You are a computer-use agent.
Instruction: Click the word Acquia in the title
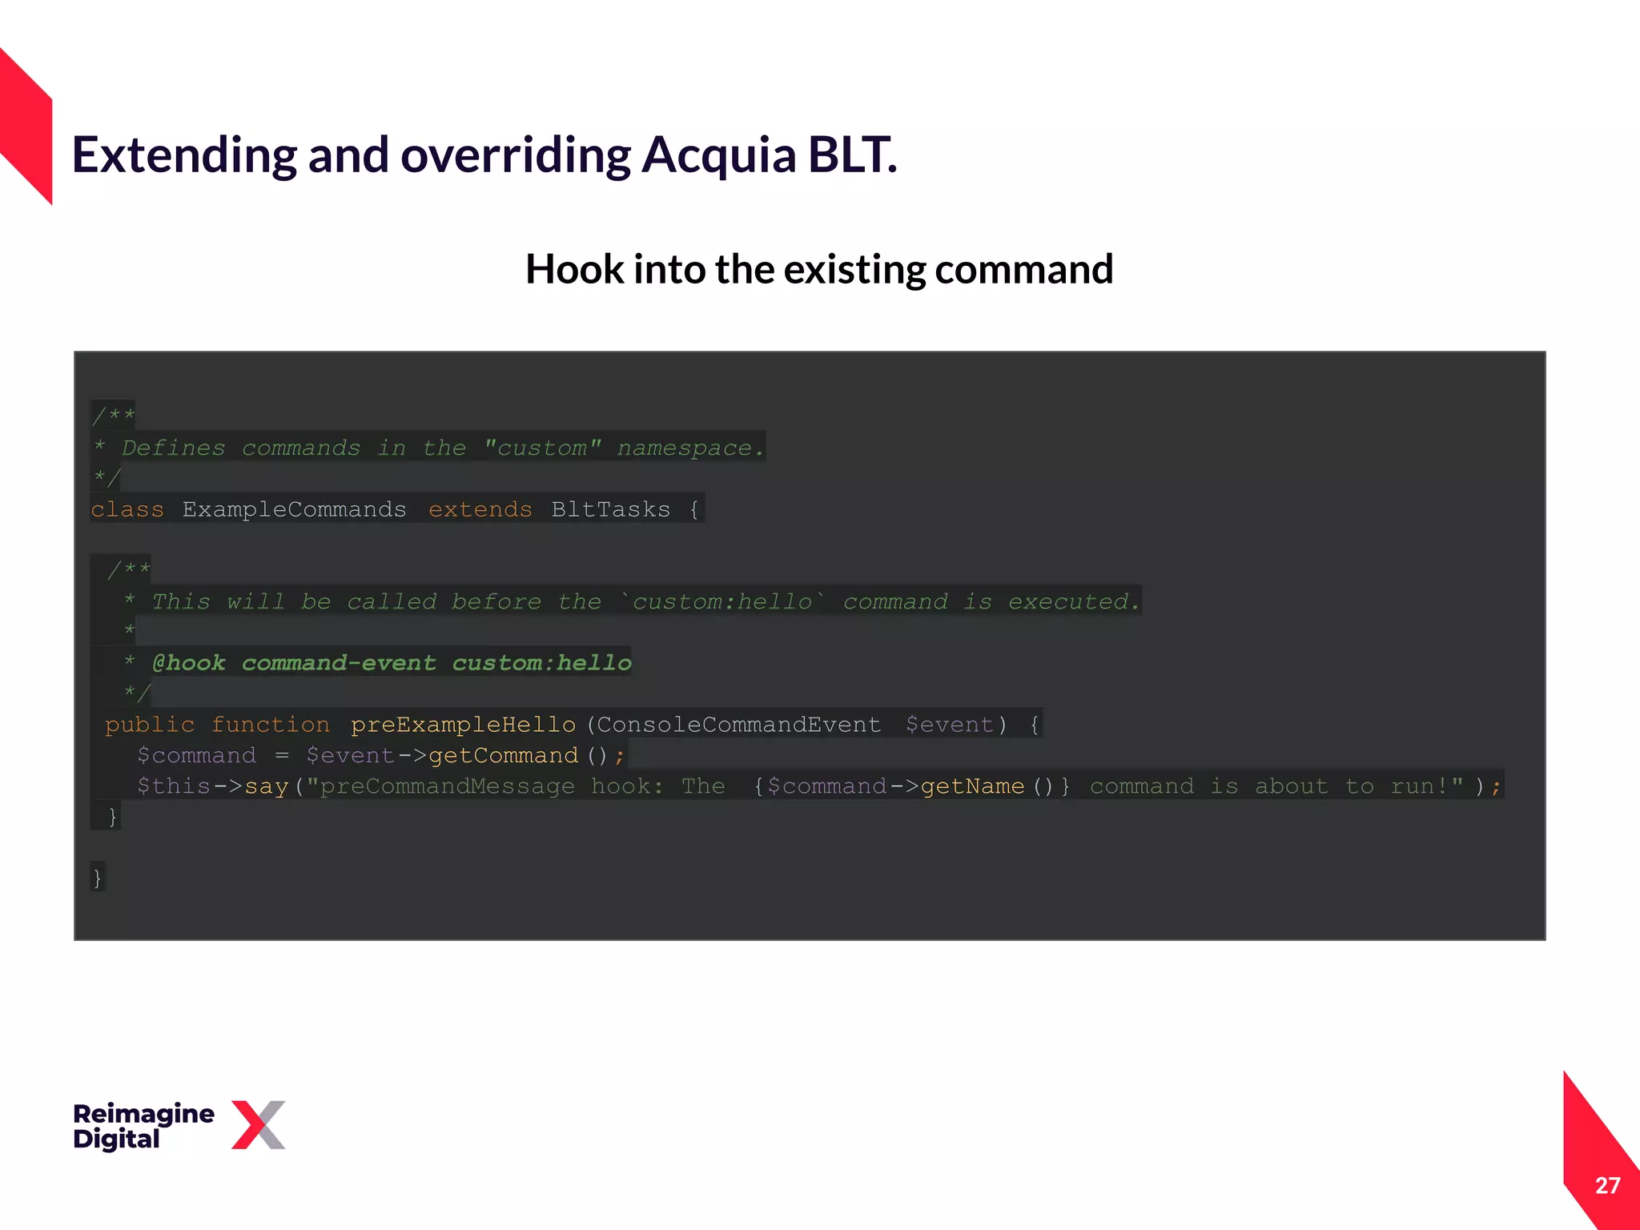click(x=718, y=155)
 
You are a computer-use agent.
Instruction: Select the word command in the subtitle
click(x=1024, y=270)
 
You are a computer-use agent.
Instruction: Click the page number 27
click(x=1606, y=1185)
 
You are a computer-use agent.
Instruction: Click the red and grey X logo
click(x=258, y=1125)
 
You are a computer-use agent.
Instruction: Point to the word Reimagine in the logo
click(x=143, y=1113)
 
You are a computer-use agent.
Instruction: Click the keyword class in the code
click(x=127, y=509)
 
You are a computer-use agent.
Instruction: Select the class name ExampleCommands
click(x=294, y=509)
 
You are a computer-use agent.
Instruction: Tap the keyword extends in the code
click(x=480, y=509)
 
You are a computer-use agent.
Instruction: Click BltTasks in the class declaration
click(x=610, y=509)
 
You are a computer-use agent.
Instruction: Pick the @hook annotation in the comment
click(x=189, y=663)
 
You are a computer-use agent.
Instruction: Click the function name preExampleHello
click(x=463, y=725)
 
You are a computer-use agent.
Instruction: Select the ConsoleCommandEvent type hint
click(x=738, y=725)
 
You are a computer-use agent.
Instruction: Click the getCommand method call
click(x=503, y=755)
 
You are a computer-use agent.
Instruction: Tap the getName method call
click(x=972, y=786)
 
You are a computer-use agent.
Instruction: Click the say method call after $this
click(x=266, y=786)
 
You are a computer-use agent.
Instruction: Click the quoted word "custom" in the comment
click(x=542, y=448)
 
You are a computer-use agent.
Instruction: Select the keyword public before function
click(x=150, y=725)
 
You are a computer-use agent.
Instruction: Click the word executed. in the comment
click(x=1073, y=601)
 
